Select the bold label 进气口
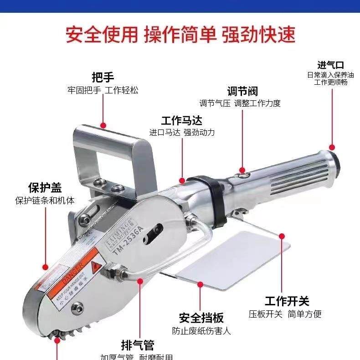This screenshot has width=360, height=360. (x=330, y=65)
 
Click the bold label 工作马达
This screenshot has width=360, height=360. (x=181, y=121)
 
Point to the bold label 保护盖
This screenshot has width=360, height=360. (x=45, y=188)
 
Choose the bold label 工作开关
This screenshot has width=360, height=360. (x=287, y=301)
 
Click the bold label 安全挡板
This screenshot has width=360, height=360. (x=201, y=318)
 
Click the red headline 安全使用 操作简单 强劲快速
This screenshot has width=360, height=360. (x=180, y=35)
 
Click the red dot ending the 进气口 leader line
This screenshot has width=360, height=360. (x=332, y=147)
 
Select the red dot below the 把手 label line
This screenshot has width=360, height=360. (x=103, y=124)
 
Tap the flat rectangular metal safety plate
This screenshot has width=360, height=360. (x=232, y=260)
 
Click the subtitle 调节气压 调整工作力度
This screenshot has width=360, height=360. (x=240, y=103)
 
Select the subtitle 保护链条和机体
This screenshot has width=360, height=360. (x=45, y=201)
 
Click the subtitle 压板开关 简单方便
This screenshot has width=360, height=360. (x=285, y=314)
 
